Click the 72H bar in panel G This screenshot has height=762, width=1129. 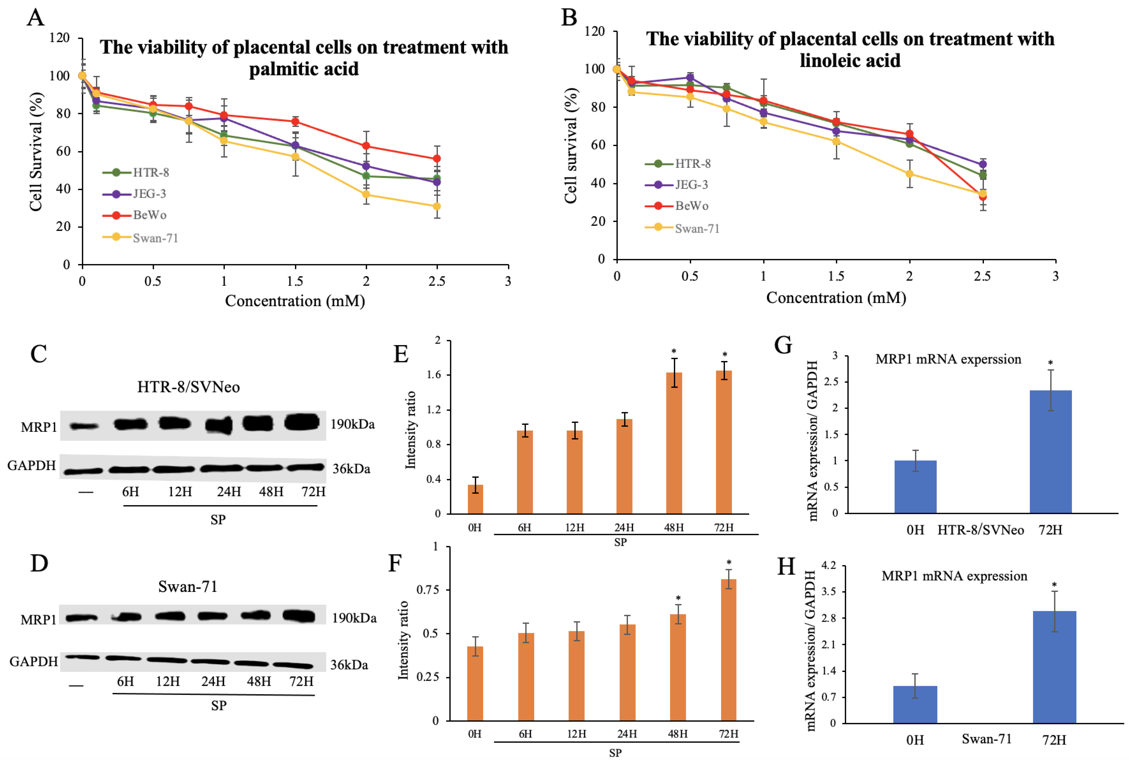point(1050,452)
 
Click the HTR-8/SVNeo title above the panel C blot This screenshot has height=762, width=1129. point(188,387)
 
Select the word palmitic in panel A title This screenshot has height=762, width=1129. point(275,69)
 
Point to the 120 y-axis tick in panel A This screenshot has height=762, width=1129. point(60,38)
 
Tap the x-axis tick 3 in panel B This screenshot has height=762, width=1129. point(1055,276)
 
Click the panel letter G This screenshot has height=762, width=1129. point(783,345)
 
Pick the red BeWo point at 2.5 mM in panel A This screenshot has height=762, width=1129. point(437,159)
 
